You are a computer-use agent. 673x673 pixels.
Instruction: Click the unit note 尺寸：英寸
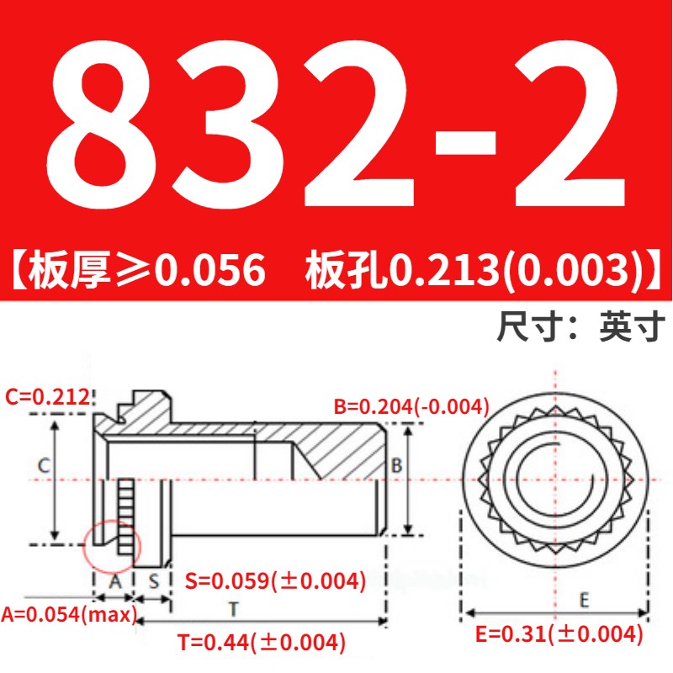tap(581, 325)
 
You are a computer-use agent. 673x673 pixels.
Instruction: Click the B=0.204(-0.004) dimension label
tap(411, 407)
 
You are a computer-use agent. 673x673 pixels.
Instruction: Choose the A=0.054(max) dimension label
tap(68, 614)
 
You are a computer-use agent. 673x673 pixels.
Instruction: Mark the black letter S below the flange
tap(155, 580)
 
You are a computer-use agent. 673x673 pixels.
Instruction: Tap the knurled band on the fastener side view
tap(125, 515)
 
